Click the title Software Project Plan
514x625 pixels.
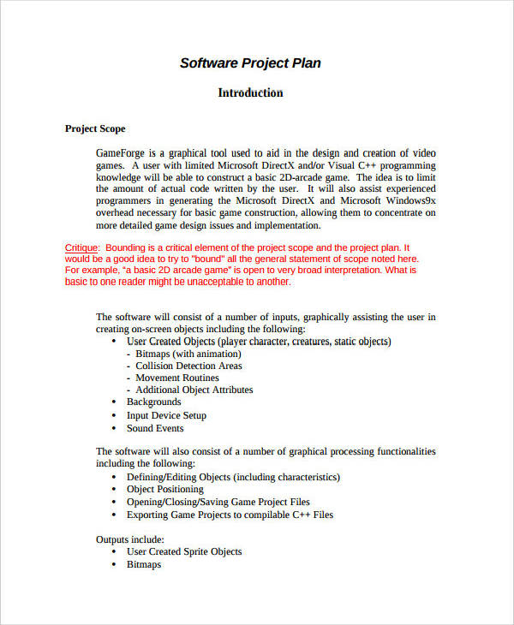250,63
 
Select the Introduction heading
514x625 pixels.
250,92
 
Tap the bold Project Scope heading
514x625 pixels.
95,128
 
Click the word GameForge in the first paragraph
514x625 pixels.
121,152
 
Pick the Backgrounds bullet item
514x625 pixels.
154,402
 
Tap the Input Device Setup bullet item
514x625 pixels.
166,415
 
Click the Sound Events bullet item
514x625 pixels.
155,428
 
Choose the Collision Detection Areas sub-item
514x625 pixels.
188,366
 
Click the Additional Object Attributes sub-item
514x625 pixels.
194,390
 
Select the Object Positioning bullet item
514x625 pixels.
164,489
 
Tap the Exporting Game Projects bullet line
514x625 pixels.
230,515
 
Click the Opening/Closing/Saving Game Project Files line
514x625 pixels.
218,502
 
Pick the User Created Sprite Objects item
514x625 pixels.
184,552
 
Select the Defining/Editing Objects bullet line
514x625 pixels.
233,477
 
